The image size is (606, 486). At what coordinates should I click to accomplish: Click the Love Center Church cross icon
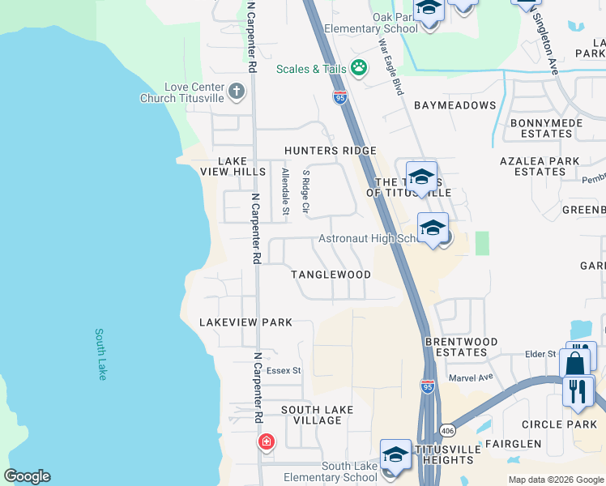(x=237, y=90)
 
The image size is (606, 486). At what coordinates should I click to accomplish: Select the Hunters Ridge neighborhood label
(x=330, y=151)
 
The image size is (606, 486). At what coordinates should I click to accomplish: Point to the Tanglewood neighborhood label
(x=331, y=275)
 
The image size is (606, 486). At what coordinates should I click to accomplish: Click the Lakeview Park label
(x=245, y=322)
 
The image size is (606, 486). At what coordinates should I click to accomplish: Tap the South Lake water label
(x=100, y=354)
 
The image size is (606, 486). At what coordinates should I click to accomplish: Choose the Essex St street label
(x=284, y=371)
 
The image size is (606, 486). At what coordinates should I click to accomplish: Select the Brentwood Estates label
(x=462, y=347)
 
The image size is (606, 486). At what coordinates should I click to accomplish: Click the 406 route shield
(x=447, y=428)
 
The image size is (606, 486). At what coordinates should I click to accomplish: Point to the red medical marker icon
(x=266, y=442)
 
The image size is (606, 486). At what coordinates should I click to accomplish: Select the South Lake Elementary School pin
(x=395, y=455)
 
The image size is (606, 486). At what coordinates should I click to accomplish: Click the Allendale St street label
(x=284, y=192)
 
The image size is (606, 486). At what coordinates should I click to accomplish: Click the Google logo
(x=27, y=476)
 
